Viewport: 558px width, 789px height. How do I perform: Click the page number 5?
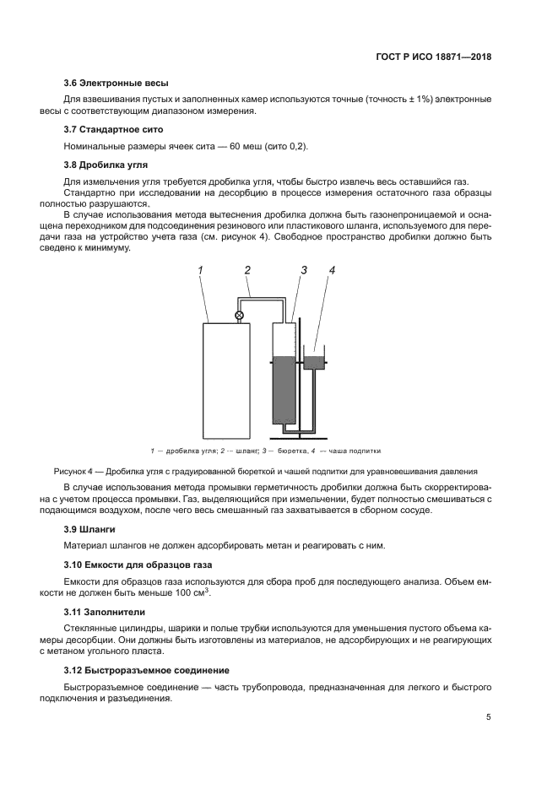489,717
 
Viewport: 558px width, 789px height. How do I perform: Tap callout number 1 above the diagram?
202,270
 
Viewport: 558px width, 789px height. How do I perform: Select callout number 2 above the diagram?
247,270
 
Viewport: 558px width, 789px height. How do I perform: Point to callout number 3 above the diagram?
303,270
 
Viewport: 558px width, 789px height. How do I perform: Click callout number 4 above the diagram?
332,270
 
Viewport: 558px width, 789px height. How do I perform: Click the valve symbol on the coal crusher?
239,316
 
